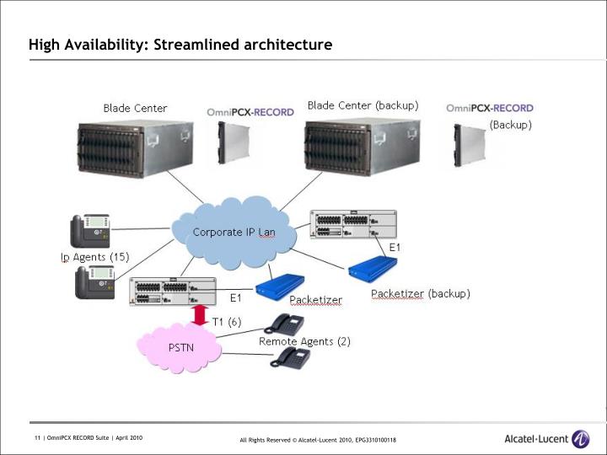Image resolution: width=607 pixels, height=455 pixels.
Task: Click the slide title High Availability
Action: pos(180,44)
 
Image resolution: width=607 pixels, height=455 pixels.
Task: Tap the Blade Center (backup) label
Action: pos(363,106)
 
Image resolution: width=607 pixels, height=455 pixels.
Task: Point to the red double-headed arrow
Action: pos(200,315)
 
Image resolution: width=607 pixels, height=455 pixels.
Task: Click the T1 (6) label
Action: pos(227,321)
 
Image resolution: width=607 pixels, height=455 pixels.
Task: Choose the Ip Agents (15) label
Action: pos(94,256)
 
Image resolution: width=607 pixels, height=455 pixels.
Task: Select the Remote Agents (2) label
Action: pos(304,341)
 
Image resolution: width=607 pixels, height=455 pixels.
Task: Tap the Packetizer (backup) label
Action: pos(421,294)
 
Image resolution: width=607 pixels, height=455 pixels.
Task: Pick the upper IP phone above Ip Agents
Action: pos(90,230)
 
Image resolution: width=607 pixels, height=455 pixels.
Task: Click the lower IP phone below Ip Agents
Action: pos(93,282)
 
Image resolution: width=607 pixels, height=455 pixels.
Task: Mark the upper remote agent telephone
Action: pos(284,324)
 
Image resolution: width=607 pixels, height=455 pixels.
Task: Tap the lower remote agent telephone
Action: pos(291,358)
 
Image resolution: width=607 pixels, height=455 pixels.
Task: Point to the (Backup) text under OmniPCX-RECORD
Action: pos(511,125)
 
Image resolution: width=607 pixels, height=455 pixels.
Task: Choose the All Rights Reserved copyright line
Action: pos(318,440)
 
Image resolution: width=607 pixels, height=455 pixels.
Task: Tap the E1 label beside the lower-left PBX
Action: pos(237,297)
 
